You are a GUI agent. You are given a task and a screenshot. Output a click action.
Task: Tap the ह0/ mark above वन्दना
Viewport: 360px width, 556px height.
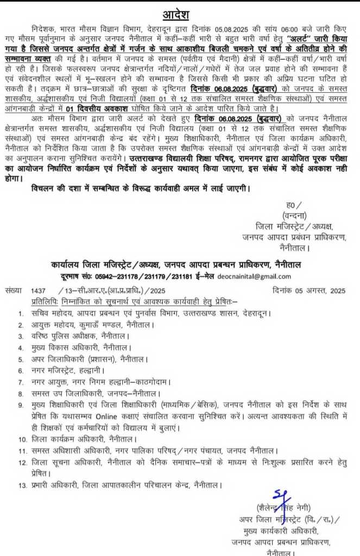point(290,205)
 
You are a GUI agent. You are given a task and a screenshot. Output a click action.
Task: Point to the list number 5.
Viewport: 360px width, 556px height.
point(21,359)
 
